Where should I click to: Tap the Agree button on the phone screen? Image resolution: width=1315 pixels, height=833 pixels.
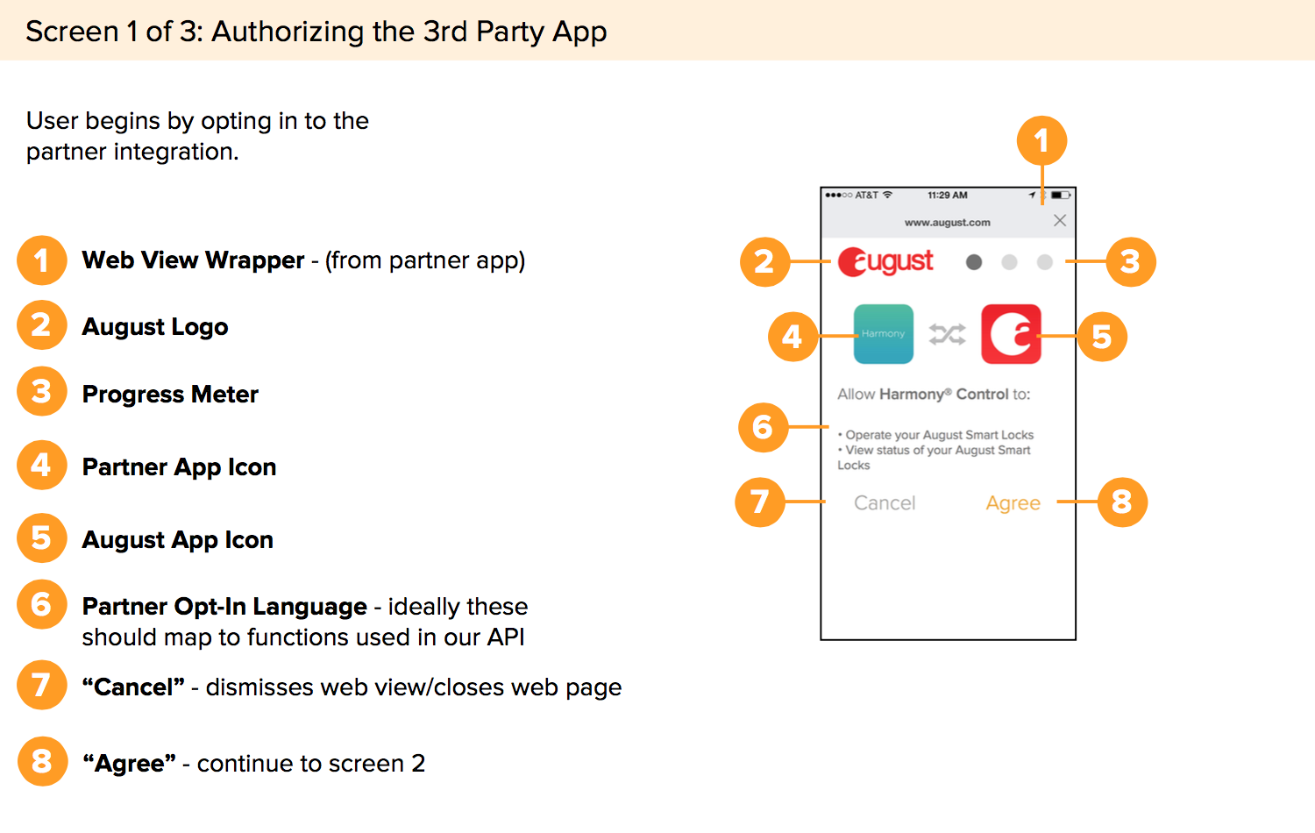[1013, 503]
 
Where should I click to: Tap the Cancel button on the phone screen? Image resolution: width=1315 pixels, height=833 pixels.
[885, 503]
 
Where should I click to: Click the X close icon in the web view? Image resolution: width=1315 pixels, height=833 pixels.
[1060, 221]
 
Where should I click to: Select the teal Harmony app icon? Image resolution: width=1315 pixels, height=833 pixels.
[884, 334]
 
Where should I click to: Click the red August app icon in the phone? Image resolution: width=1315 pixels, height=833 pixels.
[1011, 334]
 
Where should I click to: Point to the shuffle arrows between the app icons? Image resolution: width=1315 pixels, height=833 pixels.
[948, 334]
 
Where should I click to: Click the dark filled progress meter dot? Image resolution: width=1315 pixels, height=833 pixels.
[974, 262]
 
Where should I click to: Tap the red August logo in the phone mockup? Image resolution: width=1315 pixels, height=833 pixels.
[885, 261]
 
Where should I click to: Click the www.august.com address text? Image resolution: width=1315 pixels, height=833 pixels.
[947, 223]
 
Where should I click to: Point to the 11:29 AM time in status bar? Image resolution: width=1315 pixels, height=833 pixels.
[948, 196]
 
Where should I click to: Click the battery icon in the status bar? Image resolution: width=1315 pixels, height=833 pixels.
[1061, 196]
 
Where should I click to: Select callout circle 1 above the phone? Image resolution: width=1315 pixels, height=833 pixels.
[1041, 140]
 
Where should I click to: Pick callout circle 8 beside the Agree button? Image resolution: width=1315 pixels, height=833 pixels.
[1122, 502]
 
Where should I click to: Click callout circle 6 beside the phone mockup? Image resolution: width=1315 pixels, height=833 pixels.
[763, 427]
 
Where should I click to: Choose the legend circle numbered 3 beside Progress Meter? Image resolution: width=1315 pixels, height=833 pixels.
[41, 391]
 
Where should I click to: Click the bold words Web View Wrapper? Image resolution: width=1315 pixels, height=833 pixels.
[193, 260]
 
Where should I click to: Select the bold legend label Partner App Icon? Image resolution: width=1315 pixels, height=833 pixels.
[179, 467]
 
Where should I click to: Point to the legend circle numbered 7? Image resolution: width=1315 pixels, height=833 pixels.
[41, 685]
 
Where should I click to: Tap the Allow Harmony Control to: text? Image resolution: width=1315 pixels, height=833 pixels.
[934, 395]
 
